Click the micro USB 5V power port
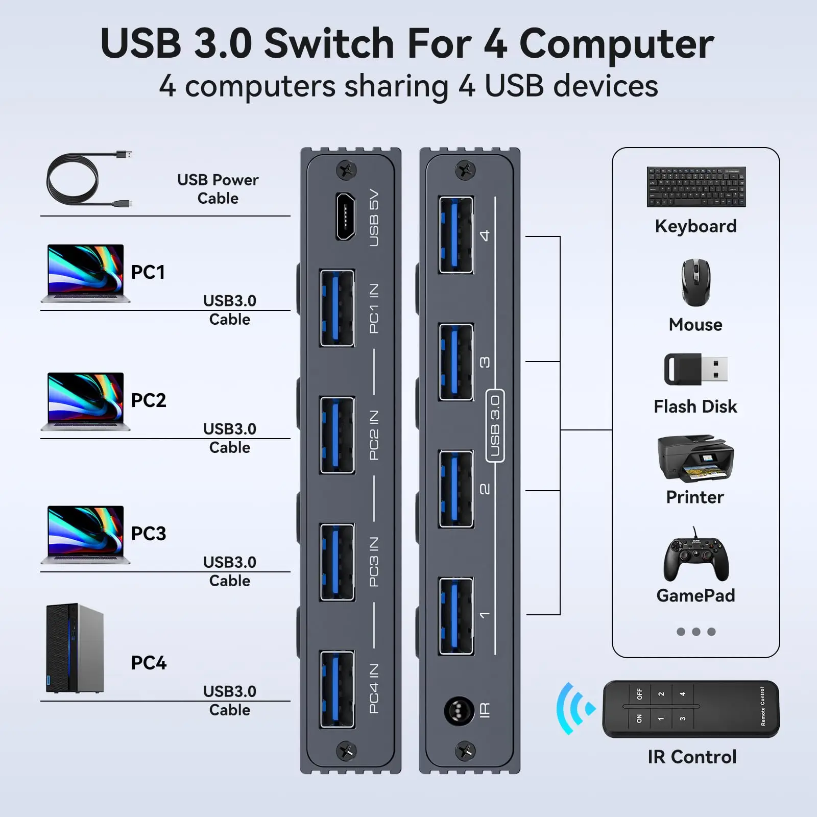(x=345, y=216)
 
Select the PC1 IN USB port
(x=337, y=308)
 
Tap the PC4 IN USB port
(x=337, y=689)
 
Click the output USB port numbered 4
(x=456, y=235)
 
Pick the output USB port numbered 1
(x=456, y=616)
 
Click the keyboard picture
(x=696, y=186)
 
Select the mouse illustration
(x=695, y=282)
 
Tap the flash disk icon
(x=695, y=369)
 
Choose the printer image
(x=695, y=459)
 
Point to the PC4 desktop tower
(x=75, y=648)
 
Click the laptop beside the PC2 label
(x=85, y=401)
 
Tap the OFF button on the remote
(x=639, y=694)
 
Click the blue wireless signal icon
(x=574, y=709)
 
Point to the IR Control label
(x=692, y=757)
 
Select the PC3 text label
(x=149, y=534)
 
